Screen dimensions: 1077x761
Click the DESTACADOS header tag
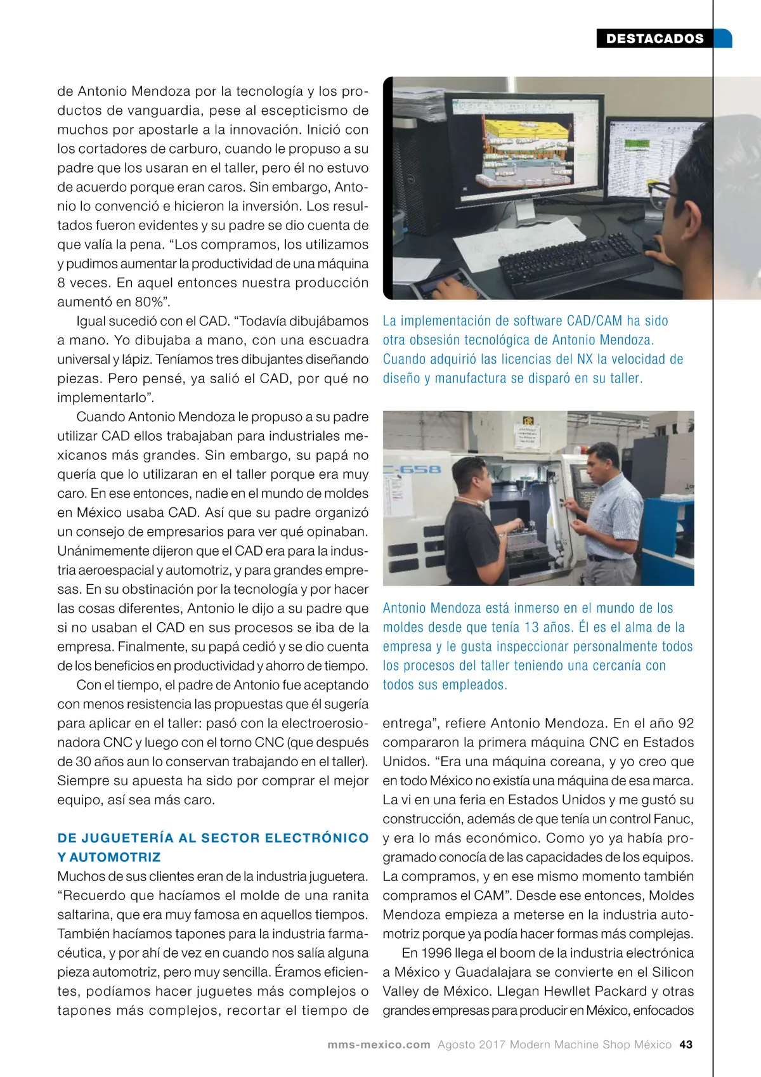click(x=655, y=39)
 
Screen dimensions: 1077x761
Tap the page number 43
click(x=686, y=1045)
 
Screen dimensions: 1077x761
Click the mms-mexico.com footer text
click(x=379, y=1045)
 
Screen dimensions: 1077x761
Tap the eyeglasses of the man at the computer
click(x=663, y=189)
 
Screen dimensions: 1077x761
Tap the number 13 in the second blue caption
click(x=531, y=627)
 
